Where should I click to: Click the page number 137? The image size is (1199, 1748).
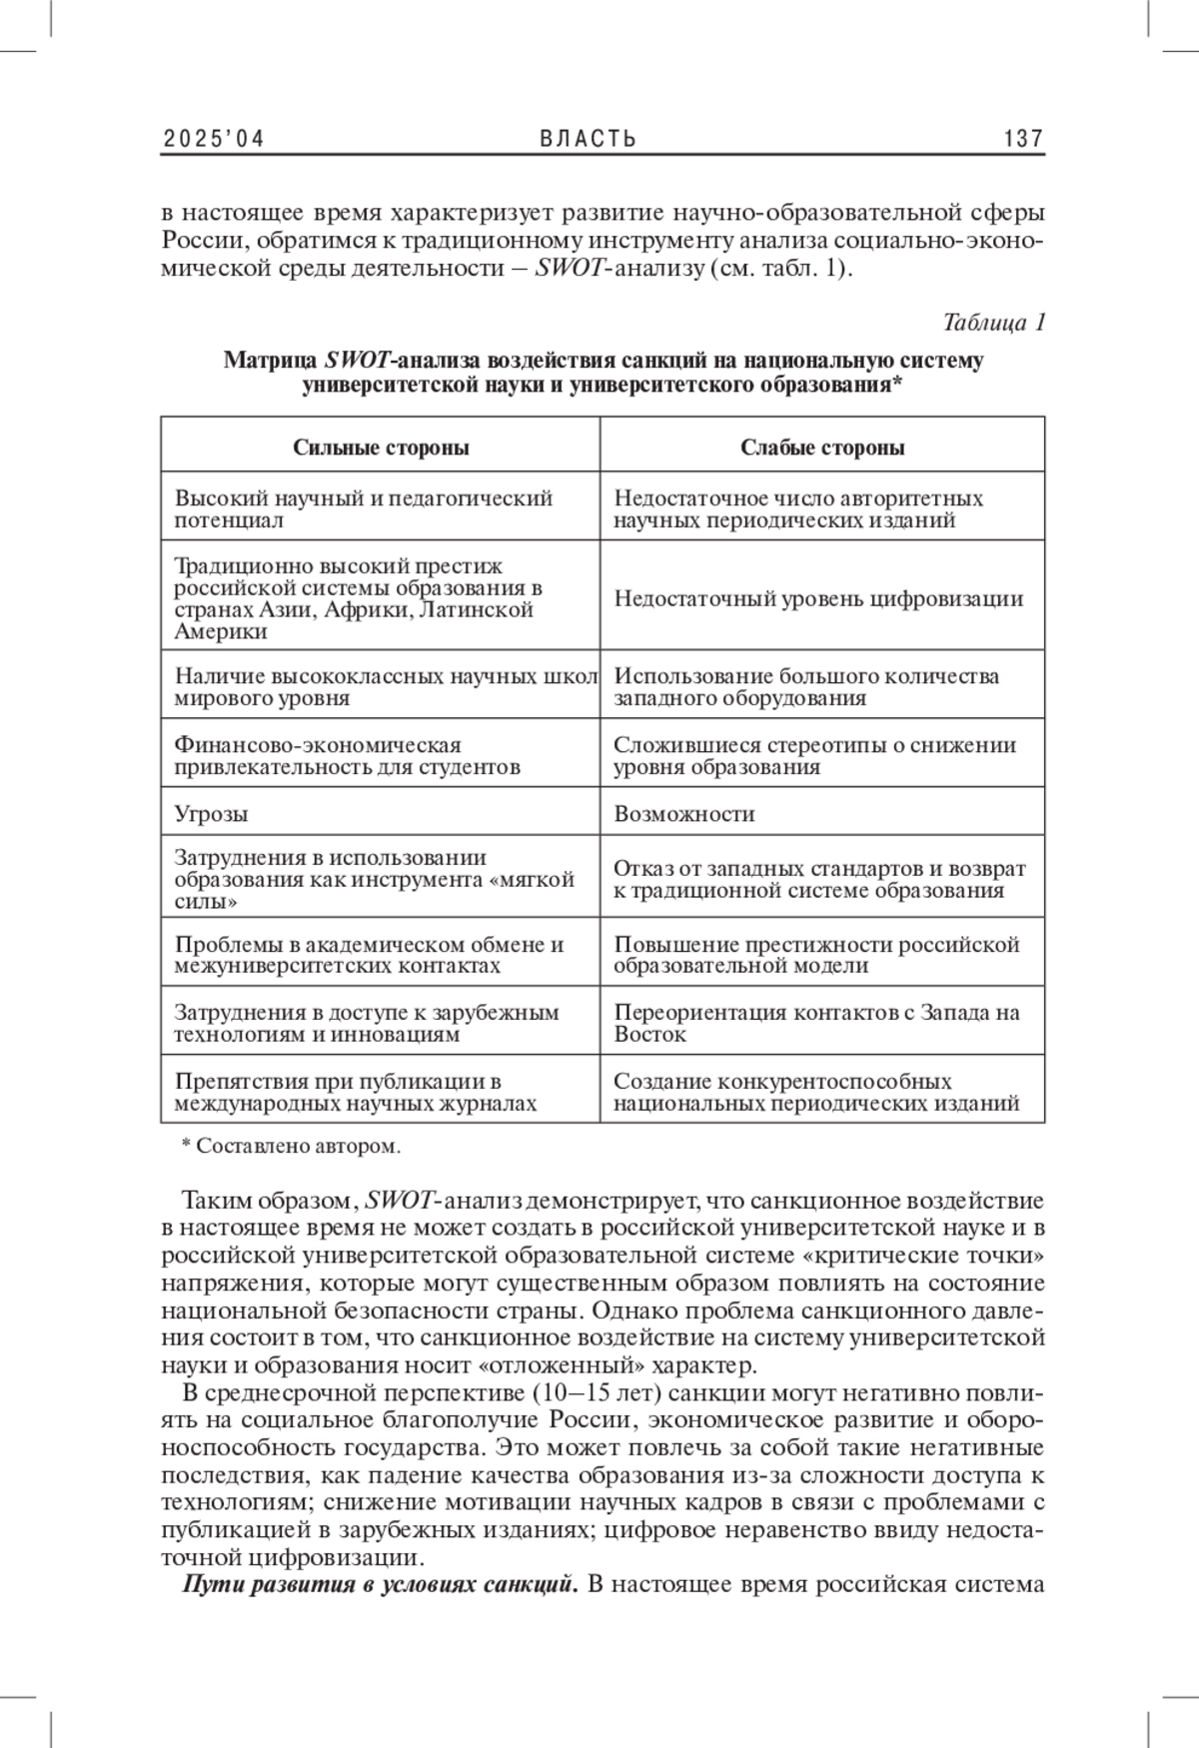[x=1023, y=139]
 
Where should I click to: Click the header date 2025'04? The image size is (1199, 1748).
[x=213, y=139]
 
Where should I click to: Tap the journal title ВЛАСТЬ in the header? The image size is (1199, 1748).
[x=589, y=139]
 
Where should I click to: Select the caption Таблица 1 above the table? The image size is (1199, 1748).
[x=993, y=323]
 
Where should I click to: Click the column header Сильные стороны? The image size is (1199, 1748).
[x=381, y=447]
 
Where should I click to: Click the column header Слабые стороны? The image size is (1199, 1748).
[x=822, y=447]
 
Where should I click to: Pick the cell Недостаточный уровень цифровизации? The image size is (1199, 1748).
[x=818, y=599]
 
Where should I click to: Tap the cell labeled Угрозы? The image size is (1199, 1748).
[x=212, y=814]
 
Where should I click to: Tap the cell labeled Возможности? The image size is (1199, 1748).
[x=684, y=814]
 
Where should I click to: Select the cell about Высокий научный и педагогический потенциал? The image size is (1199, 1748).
[x=364, y=508]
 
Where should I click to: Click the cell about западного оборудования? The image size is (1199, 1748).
[x=806, y=687]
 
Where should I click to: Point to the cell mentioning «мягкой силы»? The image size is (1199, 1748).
[x=375, y=880]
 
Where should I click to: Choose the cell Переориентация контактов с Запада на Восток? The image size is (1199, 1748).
[x=816, y=1023]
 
